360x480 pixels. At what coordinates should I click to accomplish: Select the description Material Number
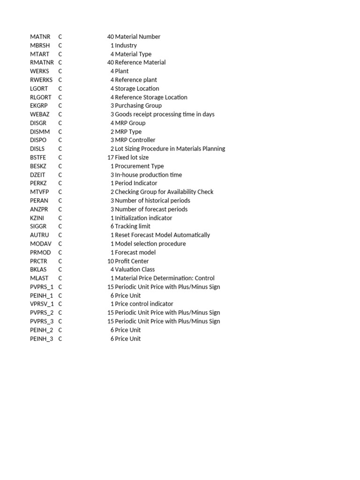(x=138, y=37)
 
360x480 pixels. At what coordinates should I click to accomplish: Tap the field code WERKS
(x=39, y=71)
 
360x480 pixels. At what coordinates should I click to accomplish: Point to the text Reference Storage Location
(x=151, y=97)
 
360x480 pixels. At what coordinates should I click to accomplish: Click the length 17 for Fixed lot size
(x=111, y=157)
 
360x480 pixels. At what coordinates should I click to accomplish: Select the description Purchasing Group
(x=138, y=105)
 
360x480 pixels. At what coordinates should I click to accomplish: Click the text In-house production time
(x=149, y=175)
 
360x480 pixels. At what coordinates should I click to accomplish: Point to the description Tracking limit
(x=133, y=226)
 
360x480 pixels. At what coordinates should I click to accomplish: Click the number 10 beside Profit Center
(x=111, y=261)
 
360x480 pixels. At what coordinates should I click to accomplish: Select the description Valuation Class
(x=135, y=270)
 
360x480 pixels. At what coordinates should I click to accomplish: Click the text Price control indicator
(x=144, y=304)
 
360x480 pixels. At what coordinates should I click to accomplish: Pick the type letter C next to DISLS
(x=60, y=149)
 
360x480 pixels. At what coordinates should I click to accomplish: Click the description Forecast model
(x=135, y=252)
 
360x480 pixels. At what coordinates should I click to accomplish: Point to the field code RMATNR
(x=42, y=62)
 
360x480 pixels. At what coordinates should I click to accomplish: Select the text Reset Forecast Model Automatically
(x=163, y=235)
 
